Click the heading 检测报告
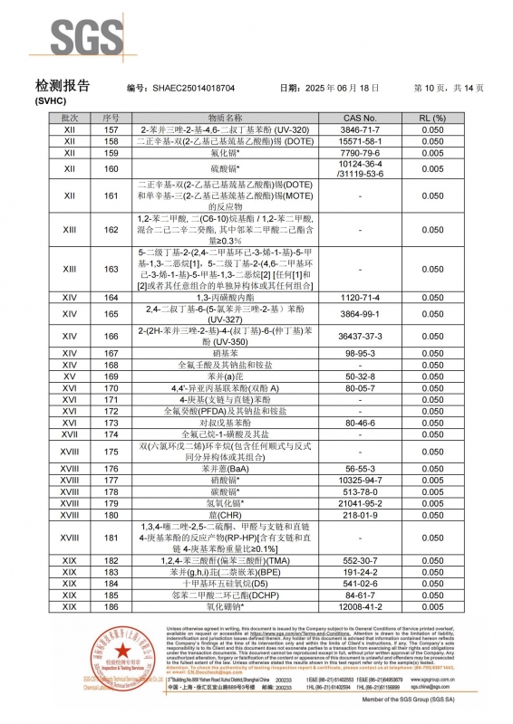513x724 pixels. [63, 86]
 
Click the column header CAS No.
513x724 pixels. [360, 119]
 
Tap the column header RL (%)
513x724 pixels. [458, 119]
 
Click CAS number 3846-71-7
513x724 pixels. [360, 130]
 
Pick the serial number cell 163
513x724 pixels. [111, 269]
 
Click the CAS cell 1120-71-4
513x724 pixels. [360, 297]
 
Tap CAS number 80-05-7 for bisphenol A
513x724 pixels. [360, 387]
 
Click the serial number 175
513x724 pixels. [111, 451]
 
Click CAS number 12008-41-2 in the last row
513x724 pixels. [360, 606]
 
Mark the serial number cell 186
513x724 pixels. [111, 606]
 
